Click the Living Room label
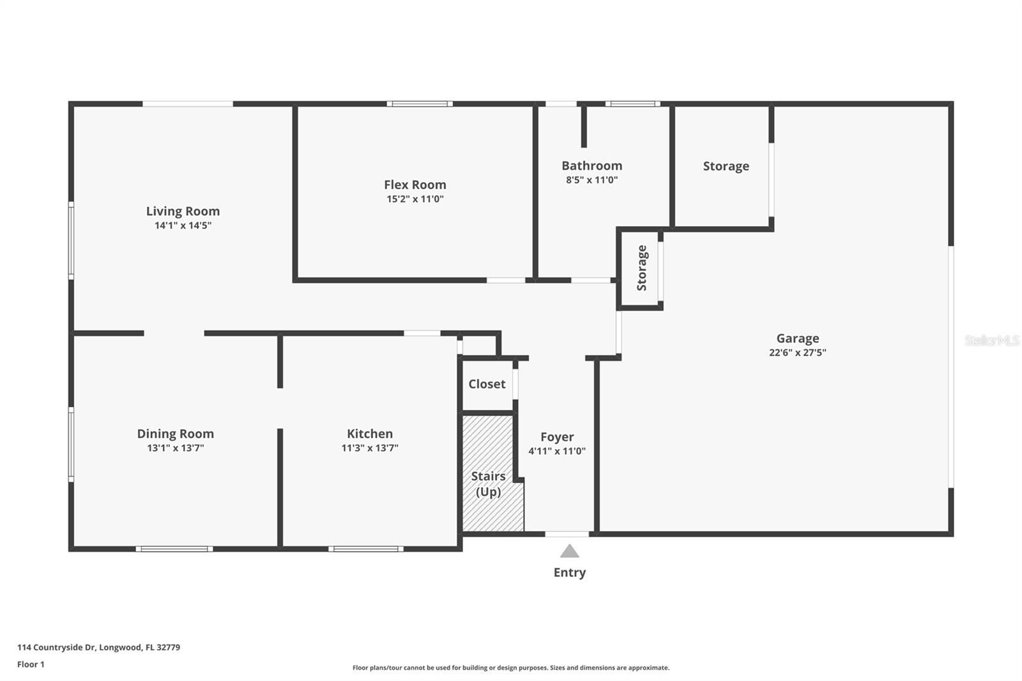point(183,211)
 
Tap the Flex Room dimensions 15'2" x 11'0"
point(415,199)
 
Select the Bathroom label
point(591,165)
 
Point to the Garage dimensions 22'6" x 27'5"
point(797,353)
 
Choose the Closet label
point(487,384)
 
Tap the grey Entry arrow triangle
point(569,551)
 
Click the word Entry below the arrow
point(569,572)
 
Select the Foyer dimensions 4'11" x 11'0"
point(556,451)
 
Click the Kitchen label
point(369,433)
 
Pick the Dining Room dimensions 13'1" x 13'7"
point(175,448)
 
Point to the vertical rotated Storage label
point(642,268)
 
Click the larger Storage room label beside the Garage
point(726,166)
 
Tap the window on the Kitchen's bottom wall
point(366,548)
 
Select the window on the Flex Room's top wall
point(419,103)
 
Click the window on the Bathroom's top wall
point(632,103)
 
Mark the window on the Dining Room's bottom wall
point(174,548)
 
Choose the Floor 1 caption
point(31,664)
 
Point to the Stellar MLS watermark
point(991,340)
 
